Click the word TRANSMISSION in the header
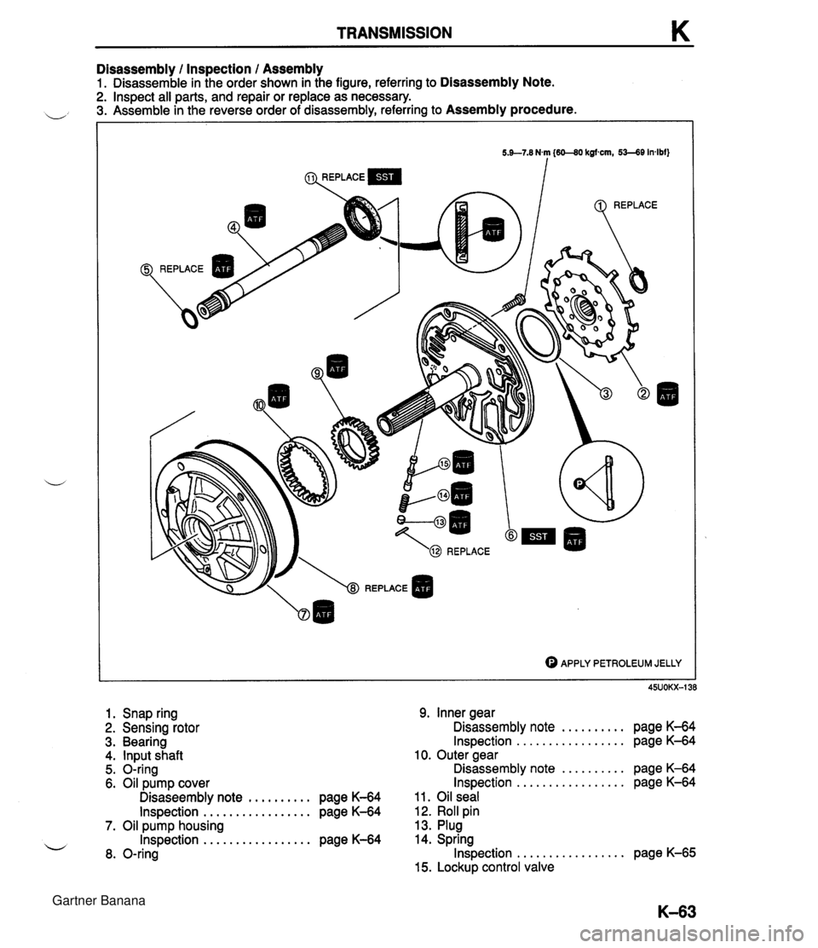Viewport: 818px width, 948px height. point(394,33)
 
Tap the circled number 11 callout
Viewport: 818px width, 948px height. point(311,178)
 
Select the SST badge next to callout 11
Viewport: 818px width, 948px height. point(386,178)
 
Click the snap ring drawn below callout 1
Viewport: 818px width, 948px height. point(635,280)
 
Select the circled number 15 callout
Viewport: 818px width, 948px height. point(444,463)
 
